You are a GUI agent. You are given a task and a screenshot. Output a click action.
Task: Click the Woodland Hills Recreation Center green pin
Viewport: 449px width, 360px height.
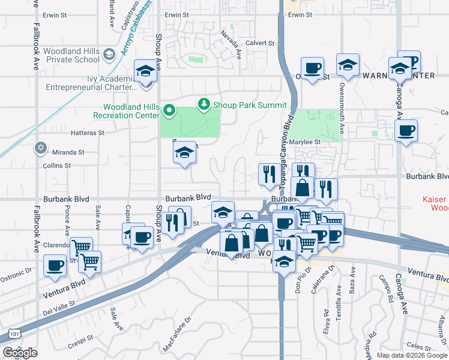point(169,110)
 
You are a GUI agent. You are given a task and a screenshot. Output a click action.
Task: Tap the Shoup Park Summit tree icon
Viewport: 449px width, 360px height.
point(205,104)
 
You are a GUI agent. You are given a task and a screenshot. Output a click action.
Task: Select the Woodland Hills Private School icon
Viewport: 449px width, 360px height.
point(109,55)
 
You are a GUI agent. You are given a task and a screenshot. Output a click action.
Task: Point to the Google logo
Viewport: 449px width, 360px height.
point(19,353)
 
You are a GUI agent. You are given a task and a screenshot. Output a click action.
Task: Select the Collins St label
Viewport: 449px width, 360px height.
point(56,165)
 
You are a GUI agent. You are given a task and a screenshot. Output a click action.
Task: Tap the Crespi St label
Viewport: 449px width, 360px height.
point(78,347)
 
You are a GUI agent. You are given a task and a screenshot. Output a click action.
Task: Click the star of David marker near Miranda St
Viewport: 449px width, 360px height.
point(41,147)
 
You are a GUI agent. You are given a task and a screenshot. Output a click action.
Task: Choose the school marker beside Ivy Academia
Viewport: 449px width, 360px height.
point(145,71)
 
